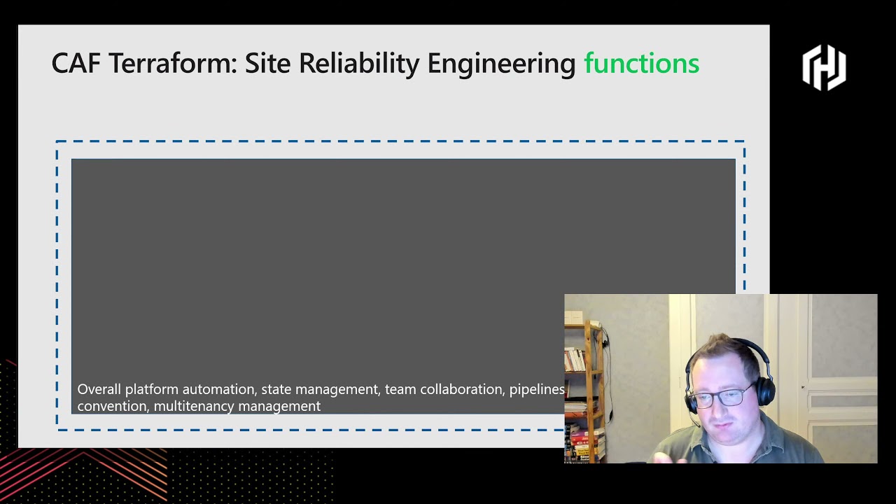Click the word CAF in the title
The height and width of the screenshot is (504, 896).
[76, 64]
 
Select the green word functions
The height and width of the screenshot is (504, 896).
[641, 64]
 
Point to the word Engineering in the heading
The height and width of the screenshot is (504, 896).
[501, 64]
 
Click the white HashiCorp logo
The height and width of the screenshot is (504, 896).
[824, 67]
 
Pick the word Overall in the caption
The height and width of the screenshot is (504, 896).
[99, 389]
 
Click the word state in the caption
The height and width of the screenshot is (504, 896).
[276, 389]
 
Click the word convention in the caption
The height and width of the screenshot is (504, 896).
[112, 406]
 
